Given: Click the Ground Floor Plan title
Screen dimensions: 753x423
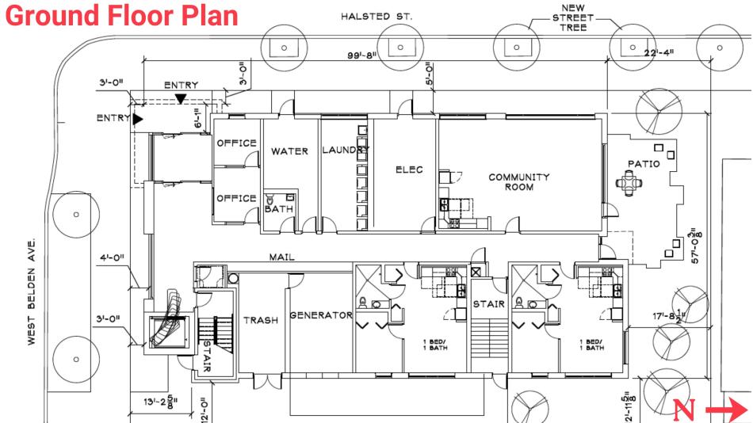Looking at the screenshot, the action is [121, 15].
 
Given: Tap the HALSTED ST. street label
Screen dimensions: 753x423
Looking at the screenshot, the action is [376, 17].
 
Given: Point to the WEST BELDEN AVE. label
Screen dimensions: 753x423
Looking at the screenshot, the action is [32, 292].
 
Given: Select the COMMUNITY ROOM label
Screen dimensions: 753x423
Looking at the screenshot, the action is [518, 182].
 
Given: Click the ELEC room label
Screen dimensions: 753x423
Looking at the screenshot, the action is [409, 170].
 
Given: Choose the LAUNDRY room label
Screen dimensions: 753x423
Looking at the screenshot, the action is [346, 150].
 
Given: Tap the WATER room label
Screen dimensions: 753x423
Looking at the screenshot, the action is [289, 151].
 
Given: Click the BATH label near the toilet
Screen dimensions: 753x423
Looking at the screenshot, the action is [279, 209].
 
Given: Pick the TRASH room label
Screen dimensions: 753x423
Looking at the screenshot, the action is [261, 320].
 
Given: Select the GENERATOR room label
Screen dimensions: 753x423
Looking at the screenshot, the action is [321, 315].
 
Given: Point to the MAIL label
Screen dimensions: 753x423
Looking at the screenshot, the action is [282, 257].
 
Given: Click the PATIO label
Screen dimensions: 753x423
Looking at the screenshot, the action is [644, 164].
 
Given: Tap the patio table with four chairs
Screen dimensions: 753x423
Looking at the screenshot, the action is [629, 183].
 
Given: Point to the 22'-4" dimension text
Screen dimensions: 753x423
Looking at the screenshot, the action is [659, 51].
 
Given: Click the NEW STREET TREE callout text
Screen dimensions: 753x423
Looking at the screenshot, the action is [573, 17].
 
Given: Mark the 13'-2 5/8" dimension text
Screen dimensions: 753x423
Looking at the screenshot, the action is [161, 402].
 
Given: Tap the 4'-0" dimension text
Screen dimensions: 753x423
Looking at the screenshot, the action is [112, 257].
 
